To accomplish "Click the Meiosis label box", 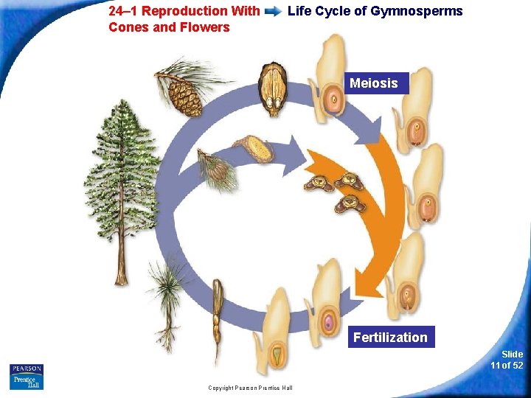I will tap(373, 83).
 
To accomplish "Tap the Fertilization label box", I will tap(390, 337).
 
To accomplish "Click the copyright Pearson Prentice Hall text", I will tap(250, 388).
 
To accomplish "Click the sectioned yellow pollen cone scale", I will tap(255, 149).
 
